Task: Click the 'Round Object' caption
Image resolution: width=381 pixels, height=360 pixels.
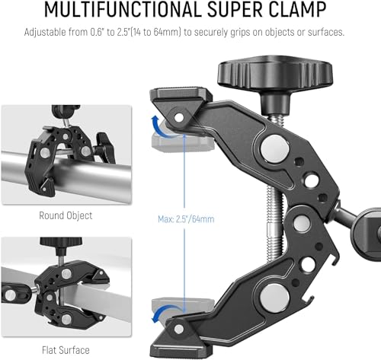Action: tap(66, 215)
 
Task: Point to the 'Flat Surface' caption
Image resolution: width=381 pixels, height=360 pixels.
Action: tap(66, 349)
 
